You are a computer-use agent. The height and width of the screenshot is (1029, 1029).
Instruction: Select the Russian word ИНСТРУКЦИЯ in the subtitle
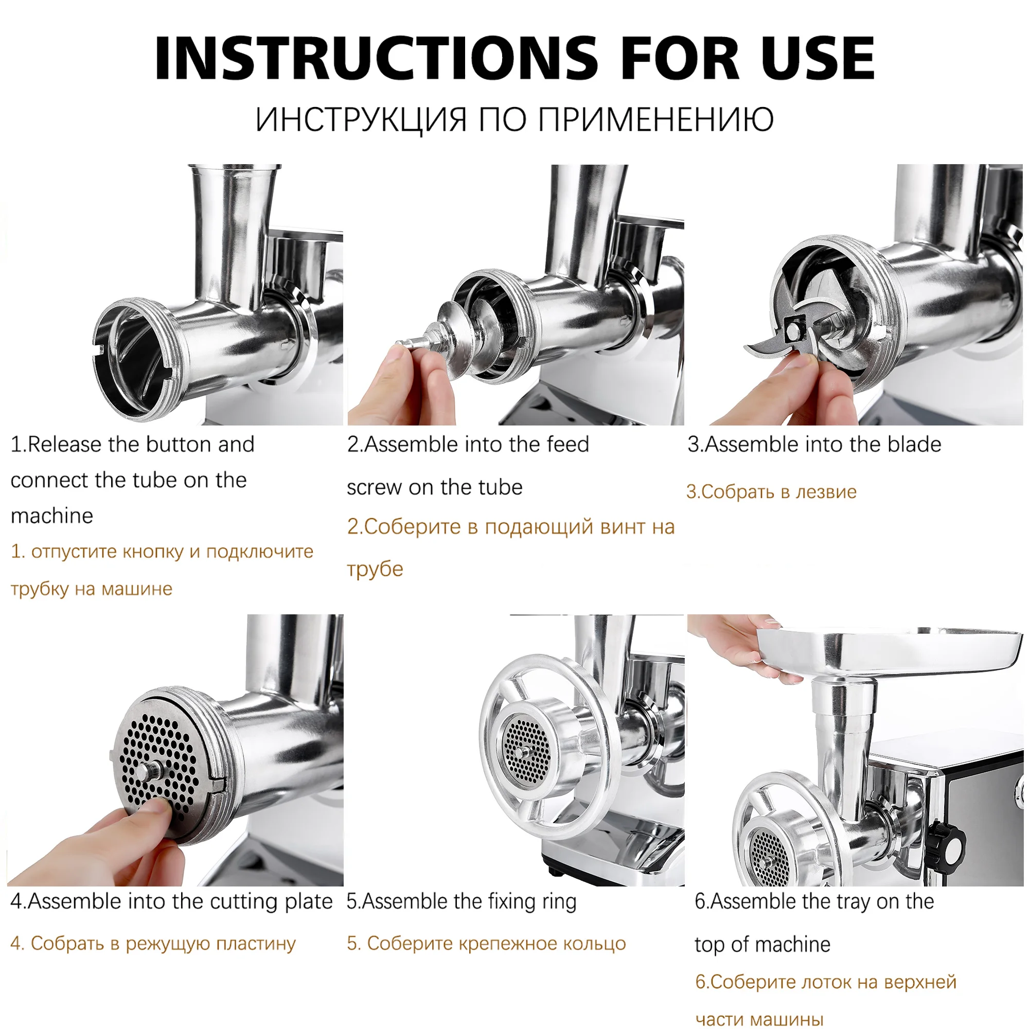361,119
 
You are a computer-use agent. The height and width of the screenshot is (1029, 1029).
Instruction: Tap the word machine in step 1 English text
51,516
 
